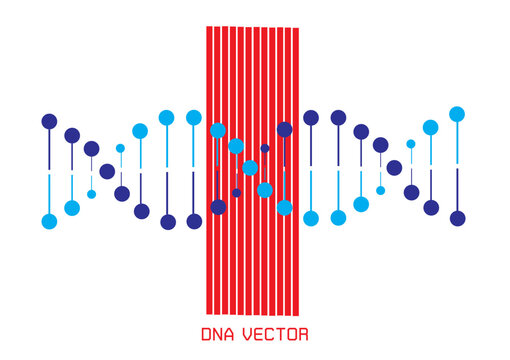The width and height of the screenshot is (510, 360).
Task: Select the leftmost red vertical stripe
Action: (209, 170)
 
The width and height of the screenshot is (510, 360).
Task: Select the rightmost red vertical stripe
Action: (296, 170)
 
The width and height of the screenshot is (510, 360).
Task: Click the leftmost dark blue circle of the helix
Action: (49, 122)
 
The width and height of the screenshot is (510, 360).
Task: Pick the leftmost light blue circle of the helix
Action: (49, 221)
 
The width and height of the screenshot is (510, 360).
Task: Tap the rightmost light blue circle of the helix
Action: (457, 114)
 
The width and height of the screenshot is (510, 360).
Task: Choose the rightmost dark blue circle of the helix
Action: (457, 218)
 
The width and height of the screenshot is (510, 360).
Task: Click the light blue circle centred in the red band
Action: (250, 168)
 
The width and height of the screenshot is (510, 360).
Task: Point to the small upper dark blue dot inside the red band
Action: (265, 148)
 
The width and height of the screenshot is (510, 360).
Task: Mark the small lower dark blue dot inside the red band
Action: (237, 193)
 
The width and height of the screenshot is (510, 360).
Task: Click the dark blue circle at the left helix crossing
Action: (107, 171)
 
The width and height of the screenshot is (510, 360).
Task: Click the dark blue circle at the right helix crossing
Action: (394, 168)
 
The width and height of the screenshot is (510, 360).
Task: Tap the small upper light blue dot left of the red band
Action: (120, 148)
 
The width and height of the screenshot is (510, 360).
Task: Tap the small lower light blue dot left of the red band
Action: (92, 194)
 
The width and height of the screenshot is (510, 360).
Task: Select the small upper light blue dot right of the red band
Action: (410, 144)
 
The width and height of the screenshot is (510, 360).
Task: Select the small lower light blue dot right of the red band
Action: (380, 190)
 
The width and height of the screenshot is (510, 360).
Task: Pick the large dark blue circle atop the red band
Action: (284, 129)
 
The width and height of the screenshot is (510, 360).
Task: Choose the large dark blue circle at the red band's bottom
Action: (218, 207)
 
